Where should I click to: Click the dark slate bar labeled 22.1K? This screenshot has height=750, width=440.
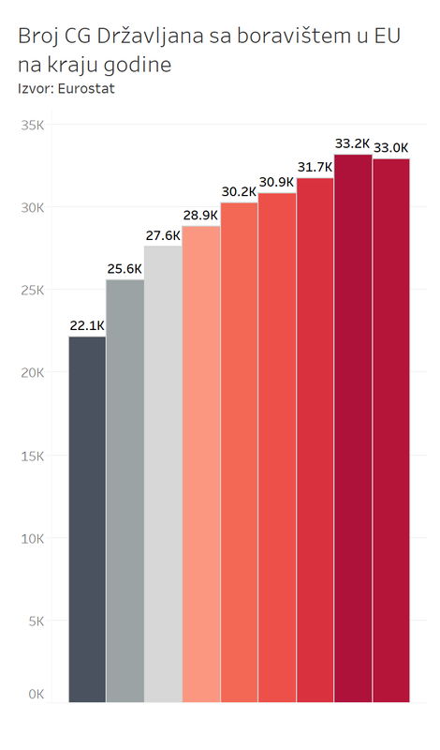87,519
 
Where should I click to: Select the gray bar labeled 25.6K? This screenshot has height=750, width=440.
125,490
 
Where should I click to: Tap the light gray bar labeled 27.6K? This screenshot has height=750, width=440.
164,474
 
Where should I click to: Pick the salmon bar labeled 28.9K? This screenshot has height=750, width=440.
201,464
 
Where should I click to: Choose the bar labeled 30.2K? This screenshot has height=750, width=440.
239,453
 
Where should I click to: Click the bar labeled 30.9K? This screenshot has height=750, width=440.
277,448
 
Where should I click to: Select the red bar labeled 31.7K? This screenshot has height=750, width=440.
315,440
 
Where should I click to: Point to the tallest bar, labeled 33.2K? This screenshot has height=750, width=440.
353,428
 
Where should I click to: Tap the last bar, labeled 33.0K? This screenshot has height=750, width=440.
391,430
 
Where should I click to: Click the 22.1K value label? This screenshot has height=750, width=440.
87,325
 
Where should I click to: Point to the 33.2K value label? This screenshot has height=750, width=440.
353,143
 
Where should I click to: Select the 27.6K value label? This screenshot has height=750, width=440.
163,235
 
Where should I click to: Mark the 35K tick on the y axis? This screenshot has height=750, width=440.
33,126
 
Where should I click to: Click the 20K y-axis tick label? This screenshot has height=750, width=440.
33,372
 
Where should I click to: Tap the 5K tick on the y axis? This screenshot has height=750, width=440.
36,621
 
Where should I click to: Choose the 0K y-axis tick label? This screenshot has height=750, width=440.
36,694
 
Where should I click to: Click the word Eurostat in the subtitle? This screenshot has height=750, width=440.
86,89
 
